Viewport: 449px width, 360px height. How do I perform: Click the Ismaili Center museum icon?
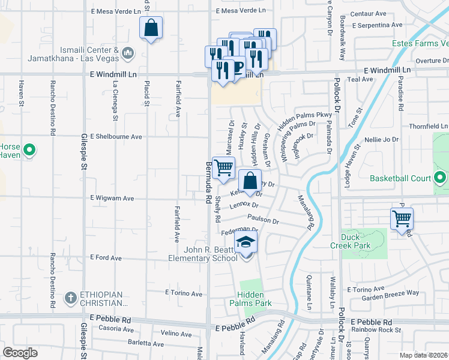(x=127, y=53)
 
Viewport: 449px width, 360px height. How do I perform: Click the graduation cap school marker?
(x=246, y=242)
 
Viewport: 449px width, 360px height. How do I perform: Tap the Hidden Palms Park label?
(x=255, y=299)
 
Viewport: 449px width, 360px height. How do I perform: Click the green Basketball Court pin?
(x=441, y=178)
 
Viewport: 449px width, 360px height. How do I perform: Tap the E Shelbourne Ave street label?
(x=116, y=137)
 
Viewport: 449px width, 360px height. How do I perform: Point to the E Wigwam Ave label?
(x=112, y=197)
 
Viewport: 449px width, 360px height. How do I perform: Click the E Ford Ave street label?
(x=106, y=257)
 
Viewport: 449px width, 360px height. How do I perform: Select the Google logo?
(x=20, y=352)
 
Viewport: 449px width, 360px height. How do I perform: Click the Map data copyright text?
(x=424, y=355)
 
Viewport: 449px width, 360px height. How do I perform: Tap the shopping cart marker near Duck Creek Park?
(x=402, y=220)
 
